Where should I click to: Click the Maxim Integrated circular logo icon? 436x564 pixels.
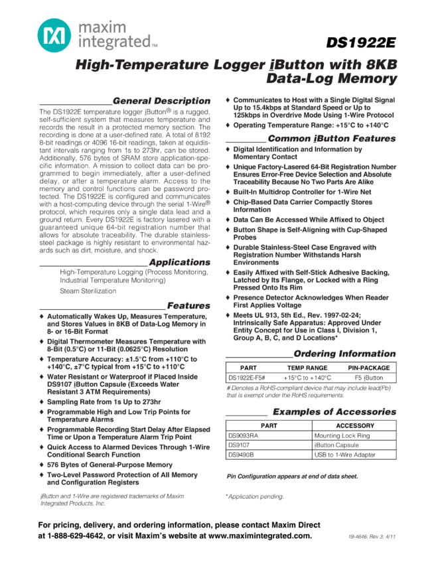click(x=52, y=35)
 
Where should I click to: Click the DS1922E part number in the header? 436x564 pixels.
click(x=362, y=43)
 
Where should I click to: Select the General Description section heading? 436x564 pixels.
click(x=161, y=101)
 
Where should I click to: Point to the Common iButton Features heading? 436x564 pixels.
click(x=331, y=139)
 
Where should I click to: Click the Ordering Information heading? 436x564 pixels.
click(x=344, y=354)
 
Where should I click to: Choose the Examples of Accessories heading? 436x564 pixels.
click(x=334, y=411)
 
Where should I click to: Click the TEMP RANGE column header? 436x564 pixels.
click(x=307, y=368)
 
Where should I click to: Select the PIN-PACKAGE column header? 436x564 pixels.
click(x=369, y=368)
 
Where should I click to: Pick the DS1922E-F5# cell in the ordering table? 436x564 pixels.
click(x=247, y=378)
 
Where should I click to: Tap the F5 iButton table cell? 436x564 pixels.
click(x=369, y=378)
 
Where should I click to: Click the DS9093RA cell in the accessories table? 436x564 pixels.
click(x=243, y=436)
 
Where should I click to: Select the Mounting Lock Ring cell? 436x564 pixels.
click(x=342, y=436)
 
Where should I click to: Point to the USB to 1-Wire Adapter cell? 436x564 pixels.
click(x=344, y=455)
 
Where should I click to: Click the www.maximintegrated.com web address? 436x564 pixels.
click(x=260, y=535)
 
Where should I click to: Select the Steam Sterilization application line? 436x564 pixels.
click(x=88, y=291)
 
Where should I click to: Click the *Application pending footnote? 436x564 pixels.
click(x=254, y=496)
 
